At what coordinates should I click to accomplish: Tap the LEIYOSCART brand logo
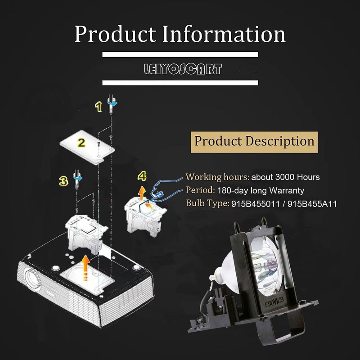pyautogui.click(x=180, y=69)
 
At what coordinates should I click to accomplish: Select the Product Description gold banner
pyautogui.click(x=254, y=141)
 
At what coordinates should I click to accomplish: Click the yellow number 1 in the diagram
pyautogui.click(x=97, y=106)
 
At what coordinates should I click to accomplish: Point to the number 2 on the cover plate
pyautogui.click(x=81, y=143)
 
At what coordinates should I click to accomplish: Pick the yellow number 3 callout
pyautogui.click(x=64, y=180)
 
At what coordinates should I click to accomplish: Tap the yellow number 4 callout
pyautogui.click(x=142, y=175)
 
